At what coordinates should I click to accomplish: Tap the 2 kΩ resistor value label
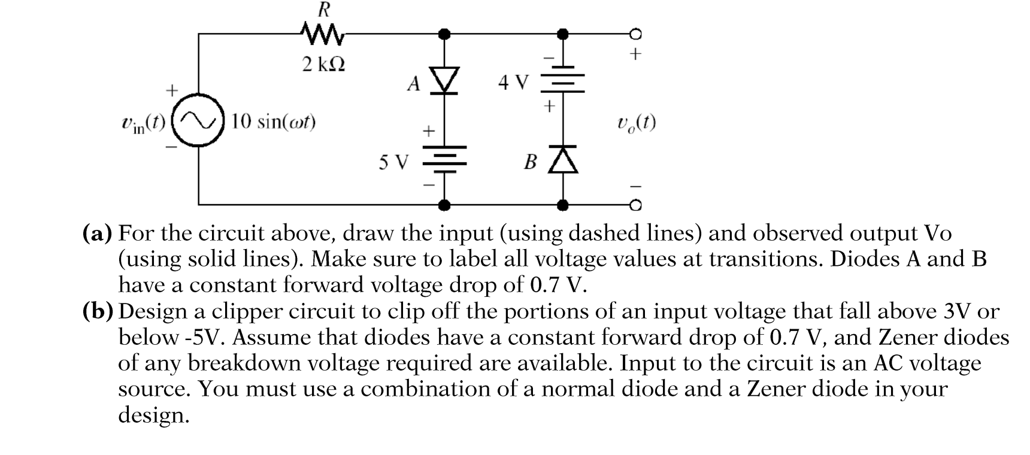click(323, 64)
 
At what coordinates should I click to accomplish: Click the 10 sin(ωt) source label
click(274, 122)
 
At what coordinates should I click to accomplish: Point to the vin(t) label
click(143, 123)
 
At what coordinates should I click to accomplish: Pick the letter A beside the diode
click(413, 84)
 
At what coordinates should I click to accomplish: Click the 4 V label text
click(514, 82)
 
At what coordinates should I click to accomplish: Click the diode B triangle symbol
click(563, 160)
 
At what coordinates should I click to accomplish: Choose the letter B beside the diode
click(530, 162)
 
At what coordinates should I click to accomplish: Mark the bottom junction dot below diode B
click(563, 205)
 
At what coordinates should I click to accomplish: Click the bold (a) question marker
click(96, 232)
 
